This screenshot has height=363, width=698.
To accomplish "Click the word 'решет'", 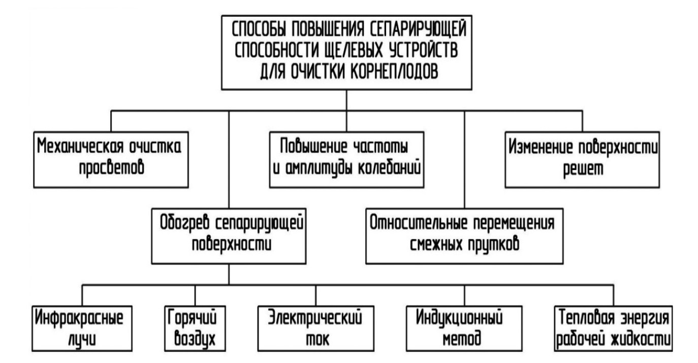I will click(x=582, y=170).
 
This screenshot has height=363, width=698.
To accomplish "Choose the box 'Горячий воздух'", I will click(x=196, y=328).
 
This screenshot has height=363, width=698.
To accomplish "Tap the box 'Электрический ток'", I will click(x=315, y=328).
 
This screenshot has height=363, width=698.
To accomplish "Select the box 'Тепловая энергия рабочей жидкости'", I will click(x=613, y=328).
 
